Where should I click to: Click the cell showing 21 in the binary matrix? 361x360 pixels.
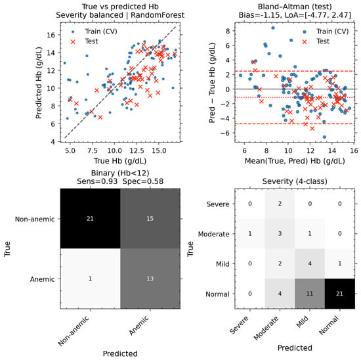[91, 219]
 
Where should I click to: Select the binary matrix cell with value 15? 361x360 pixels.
[150, 219]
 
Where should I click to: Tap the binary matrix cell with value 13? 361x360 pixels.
[150, 279]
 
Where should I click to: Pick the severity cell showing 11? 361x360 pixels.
[310, 294]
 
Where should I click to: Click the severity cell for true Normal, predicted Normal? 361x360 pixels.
[339, 294]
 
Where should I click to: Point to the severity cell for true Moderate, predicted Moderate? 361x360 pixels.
[280, 233]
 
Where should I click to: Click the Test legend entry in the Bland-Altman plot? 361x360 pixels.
[316, 41]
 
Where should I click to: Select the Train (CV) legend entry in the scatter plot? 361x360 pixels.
[95, 32]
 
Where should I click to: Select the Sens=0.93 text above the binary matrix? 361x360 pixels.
[97, 181]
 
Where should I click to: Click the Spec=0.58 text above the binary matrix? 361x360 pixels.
[143, 181]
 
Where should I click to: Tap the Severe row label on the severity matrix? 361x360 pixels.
[218, 204]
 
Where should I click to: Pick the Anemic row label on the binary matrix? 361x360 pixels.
[43, 279]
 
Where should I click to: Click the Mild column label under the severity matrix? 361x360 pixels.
[303, 322]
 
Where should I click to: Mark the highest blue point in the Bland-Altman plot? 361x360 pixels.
[273, 28]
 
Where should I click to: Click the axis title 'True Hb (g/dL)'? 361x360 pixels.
[120, 161]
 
